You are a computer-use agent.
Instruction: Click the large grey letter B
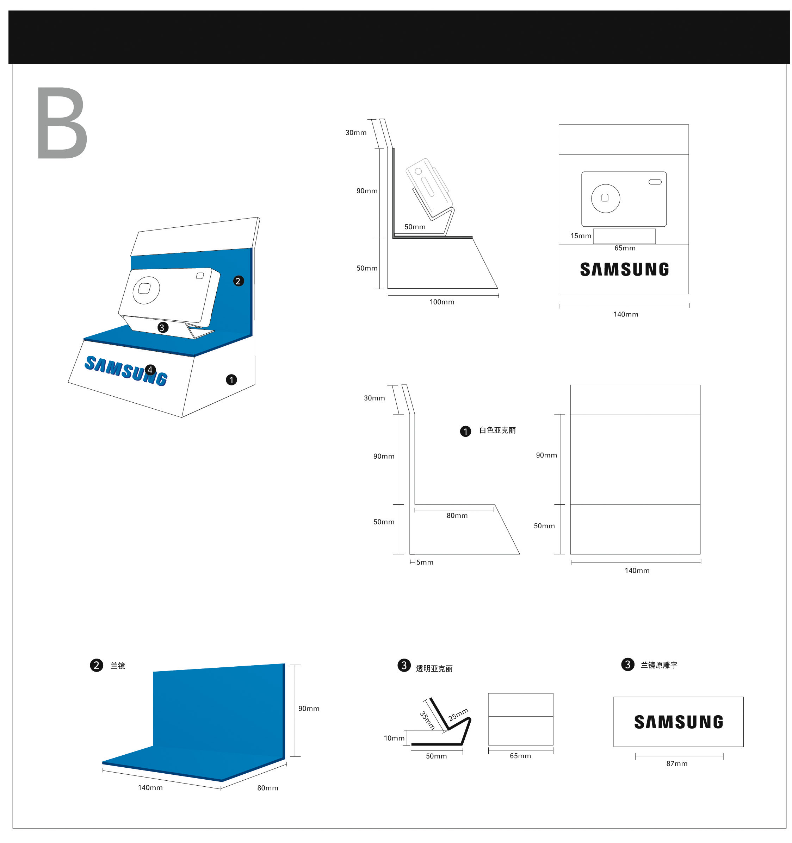pos(62,123)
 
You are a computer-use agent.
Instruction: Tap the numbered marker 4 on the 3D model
pos(150,370)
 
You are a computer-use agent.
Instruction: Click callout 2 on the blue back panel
pos(238,281)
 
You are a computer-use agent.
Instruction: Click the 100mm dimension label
pos(441,302)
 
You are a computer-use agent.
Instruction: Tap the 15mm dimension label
pos(580,236)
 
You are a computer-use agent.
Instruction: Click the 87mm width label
pos(676,764)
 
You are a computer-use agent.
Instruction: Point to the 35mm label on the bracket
pos(427,721)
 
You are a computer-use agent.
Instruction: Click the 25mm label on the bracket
pos(458,715)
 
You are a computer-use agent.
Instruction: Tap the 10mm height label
pos(394,738)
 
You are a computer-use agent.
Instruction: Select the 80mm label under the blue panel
pos(267,788)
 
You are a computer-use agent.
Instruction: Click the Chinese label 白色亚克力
pos(497,430)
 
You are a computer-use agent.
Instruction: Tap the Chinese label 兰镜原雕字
pos(659,665)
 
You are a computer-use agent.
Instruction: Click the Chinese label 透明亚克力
pos(434,669)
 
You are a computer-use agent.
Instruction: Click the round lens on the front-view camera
pos(605,199)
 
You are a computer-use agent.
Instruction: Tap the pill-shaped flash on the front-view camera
pos(655,182)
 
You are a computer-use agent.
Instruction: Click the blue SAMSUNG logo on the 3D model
pos(126,371)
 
